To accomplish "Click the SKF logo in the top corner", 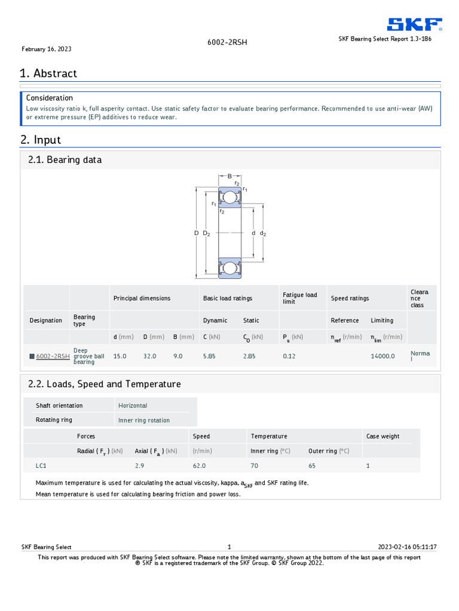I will (x=414, y=24).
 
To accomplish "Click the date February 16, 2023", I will (x=47, y=49).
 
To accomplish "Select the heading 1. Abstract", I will (x=48, y=73).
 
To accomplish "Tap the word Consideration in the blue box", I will (x=50, y=98).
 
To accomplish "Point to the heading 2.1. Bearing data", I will (x=65, y=160).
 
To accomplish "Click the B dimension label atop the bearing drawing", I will (x=229, y=176).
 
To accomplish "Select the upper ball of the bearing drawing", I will (x=229, y=197).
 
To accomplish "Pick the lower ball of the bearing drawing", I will (x=229, y=268).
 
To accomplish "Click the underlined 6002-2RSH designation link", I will (x=53, y=356).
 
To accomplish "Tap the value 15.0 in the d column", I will (x=120, y=356).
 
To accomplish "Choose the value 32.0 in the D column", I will (x=149, y=356).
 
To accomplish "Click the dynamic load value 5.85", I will (x=209, y=356).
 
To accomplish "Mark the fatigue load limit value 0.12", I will (x=289, y=356).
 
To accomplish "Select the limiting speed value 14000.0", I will (x=382, y=356).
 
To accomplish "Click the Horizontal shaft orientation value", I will (x=133, y=406).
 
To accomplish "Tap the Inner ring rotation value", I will (x=144, y=420).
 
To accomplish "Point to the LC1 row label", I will (x=41, y=465).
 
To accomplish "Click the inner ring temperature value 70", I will (x=255, y=465).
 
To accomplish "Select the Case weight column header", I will (x=382, y=436).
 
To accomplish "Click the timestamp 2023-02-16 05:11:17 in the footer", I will (x=408, y=547).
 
